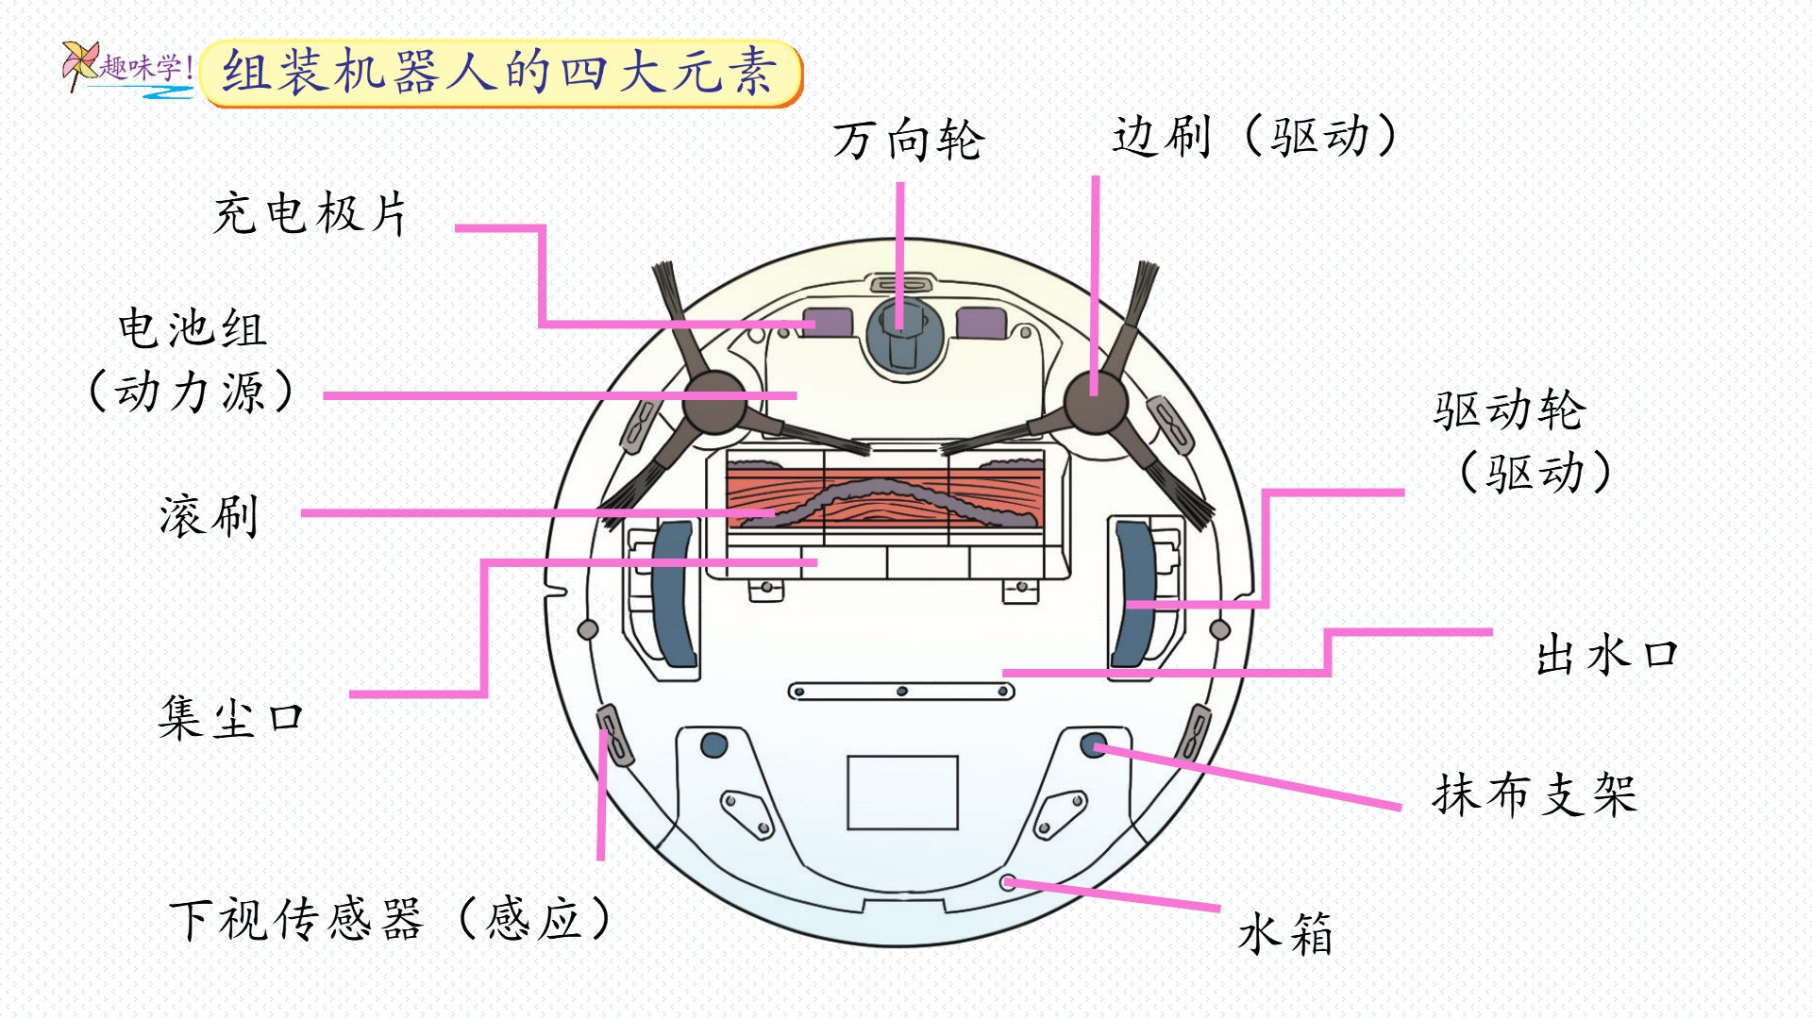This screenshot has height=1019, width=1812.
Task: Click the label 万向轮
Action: (908, 141)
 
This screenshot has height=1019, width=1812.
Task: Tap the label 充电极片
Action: (310, 213)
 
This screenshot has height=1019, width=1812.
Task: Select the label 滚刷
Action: (209, 516)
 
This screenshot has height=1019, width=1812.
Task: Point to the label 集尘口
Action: (231, 718)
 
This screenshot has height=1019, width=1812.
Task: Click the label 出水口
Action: (1606, 655)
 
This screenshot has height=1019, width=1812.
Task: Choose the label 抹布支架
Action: (1535, 794)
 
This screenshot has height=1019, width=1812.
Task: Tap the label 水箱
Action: (1284, 934)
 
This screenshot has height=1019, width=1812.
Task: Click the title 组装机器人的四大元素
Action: (499, 72)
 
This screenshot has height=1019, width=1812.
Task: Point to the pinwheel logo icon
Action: (79, 64)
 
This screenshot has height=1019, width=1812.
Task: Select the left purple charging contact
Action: (828, 323)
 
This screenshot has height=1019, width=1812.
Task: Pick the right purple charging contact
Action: (981, 323)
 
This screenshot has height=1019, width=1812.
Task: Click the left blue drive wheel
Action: (672, 594)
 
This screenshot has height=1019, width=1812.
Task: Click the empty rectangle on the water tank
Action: (902, 793)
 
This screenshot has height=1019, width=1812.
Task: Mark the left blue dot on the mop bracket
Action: (714, 745)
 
